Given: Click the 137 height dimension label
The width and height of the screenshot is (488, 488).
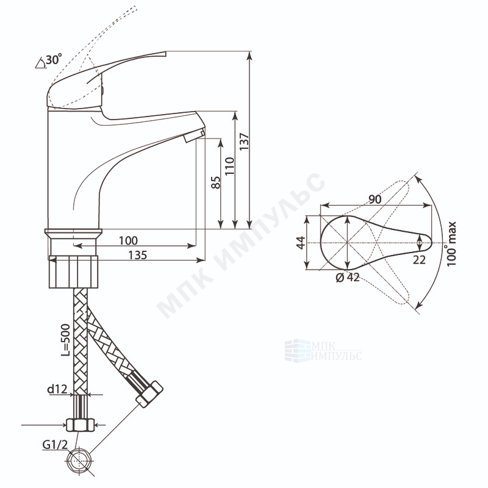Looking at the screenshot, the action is point(245,142).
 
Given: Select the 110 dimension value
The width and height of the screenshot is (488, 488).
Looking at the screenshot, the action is point(230,166).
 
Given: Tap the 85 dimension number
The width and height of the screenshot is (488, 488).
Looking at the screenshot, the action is point(216,182).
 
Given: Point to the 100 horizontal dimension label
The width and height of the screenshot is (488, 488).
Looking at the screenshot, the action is point(128,240).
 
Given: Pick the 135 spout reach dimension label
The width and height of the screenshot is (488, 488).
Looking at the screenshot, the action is point(138,255).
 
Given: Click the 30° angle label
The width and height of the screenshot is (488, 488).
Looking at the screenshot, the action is point(54,59).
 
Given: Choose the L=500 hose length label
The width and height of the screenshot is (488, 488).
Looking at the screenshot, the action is point(65,340).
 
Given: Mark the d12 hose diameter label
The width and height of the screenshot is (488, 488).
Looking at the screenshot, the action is point(57,389).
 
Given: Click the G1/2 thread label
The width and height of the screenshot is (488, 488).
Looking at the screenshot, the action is point(55,445).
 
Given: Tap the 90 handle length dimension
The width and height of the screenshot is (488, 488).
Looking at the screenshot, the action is point(375,199).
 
